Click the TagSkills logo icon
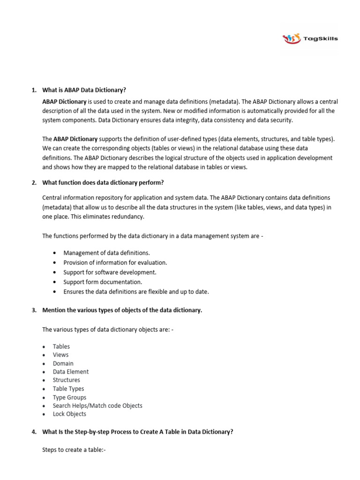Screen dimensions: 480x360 tap(292, 39)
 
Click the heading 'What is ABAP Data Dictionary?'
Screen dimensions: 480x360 tap(84, 90)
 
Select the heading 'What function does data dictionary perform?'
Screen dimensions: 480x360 tap(103, 182)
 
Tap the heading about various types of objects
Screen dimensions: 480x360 tap(122, 310)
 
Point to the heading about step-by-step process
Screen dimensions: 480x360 tap(137, 432)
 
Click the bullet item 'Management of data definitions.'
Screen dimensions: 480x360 tap(106, 253)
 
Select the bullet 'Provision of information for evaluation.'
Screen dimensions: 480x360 tap(115, 262)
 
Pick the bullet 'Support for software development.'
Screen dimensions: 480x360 tap(110, 272)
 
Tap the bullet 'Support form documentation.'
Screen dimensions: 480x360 tap(103, 282)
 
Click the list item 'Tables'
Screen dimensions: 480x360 tap(61, 346)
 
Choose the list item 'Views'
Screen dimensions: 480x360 tap(61, 355)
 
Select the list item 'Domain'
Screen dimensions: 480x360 tap(63, 363)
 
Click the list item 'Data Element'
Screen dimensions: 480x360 tap(71, 372)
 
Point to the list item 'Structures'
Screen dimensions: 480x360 tap(67, 380)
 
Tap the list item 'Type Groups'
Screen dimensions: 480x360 tap(69, 397)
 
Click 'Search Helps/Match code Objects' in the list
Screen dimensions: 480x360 tap(97, 405)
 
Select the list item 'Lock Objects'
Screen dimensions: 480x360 tap(69, 414)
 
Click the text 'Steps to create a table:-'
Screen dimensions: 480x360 tap(74, 450)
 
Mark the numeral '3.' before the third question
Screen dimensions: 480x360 tap(34, 310)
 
